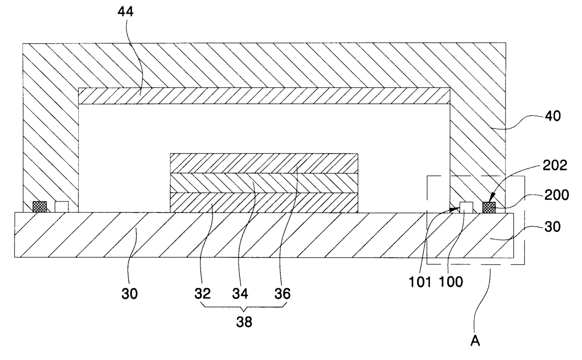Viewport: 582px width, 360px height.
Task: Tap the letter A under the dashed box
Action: pyautogui.click(x=475, y=341)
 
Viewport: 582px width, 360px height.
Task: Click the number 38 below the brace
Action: pyautogui.click(x=243, y=322)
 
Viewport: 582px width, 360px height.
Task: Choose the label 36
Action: pyautogui.click(x=283, y=294)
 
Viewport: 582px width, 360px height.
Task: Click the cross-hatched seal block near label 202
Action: pyautogui.click(x=489, y=207)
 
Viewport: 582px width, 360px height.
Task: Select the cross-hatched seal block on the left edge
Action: pyautogui.click(x=39, y=207)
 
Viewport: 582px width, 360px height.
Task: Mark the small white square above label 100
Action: pyautogui.click(x=466, y=207)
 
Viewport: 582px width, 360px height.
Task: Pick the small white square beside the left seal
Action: pyautogui.click(x=61, y=207)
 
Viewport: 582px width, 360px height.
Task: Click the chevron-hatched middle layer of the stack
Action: pyautogui.click(x=264, y=183)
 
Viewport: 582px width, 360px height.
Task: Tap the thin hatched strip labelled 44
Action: pyautogui.click(x=264, y=96)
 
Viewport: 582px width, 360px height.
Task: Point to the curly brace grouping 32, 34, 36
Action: pyautogui.click(x=244, y=308)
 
